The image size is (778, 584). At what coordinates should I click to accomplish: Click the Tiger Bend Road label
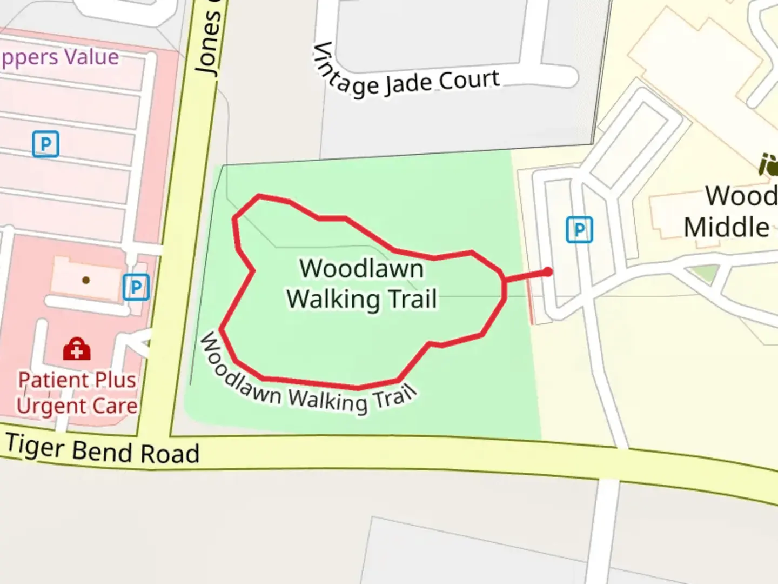tap(103, 449)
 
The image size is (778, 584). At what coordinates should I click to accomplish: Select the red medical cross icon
tap(77, 349)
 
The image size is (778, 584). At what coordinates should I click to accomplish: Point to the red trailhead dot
tap(548, 271)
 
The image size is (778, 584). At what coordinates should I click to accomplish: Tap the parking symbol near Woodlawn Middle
tap(579, 230)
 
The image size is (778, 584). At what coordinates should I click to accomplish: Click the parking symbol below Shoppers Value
tap(45, 144)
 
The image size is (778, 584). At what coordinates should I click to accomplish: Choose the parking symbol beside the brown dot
tap(136, 287)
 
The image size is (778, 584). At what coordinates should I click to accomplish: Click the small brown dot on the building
tap(86, 280)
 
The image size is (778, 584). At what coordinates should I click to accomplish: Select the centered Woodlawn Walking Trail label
tap(361, 284)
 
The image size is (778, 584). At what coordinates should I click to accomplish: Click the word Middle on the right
tap(726, 227)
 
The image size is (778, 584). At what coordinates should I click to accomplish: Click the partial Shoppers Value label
tap(59, 57)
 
